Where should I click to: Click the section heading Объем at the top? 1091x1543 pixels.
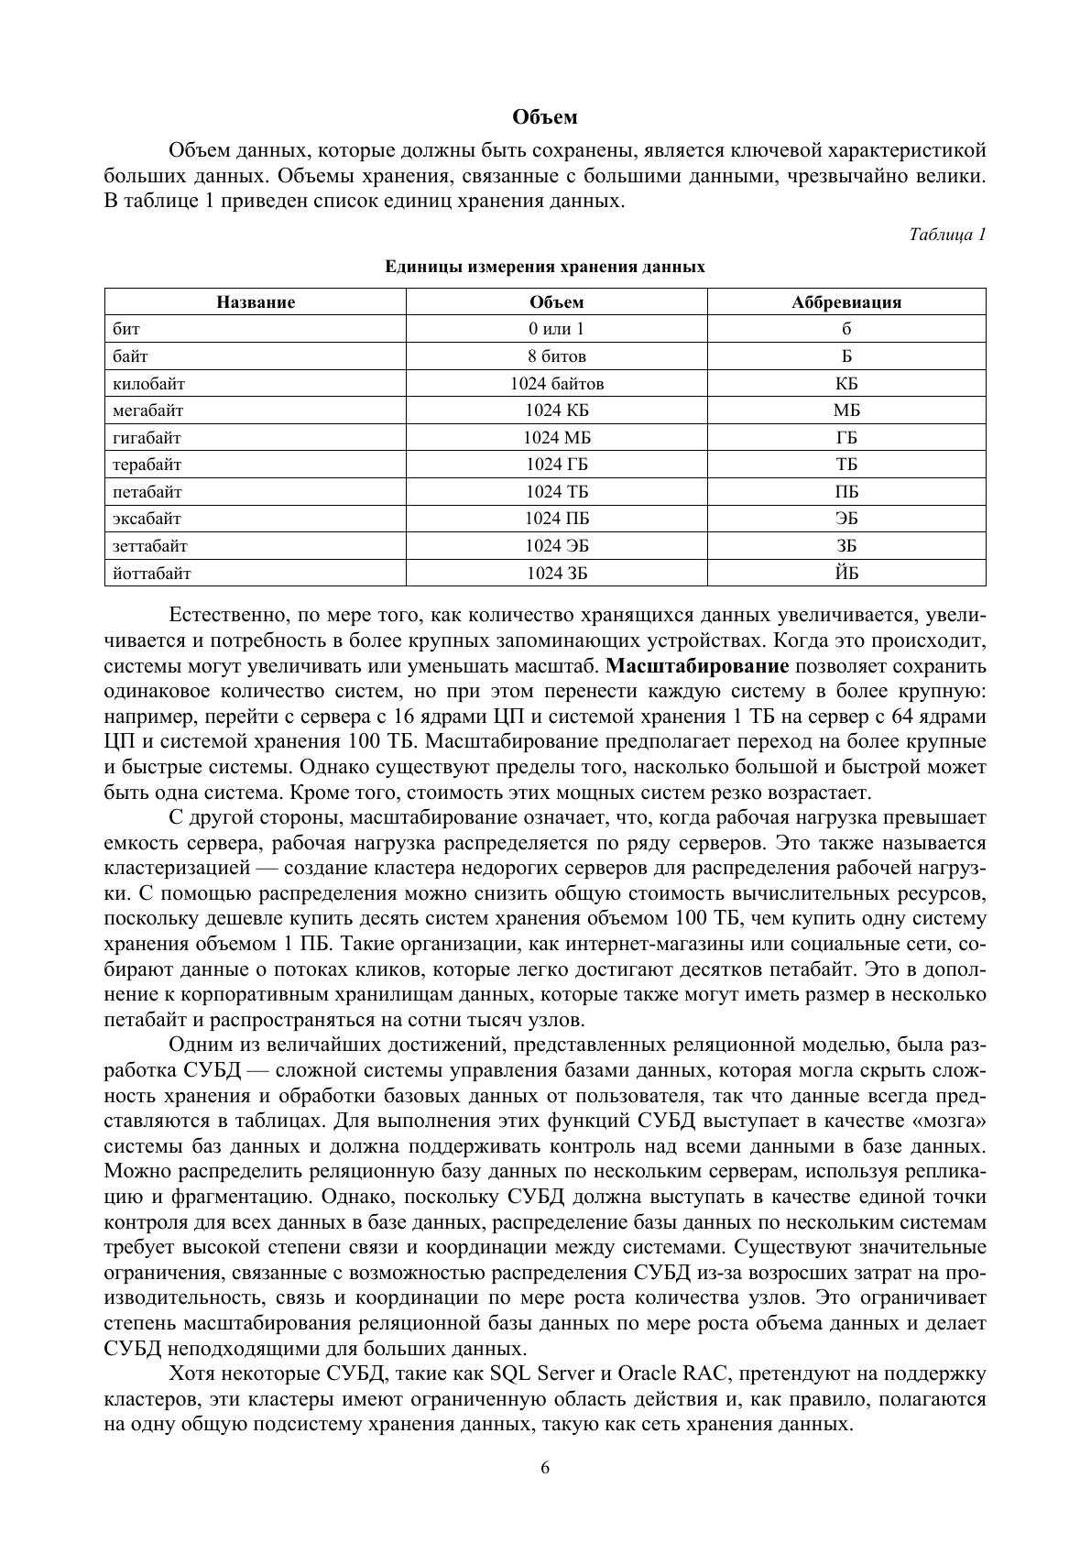pyautogui.click(x=545, y=117)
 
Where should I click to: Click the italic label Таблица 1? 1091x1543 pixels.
pyautogui.click(x=947, y=235)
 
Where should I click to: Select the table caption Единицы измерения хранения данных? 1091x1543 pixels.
pyautogui.click(x=545, y=267)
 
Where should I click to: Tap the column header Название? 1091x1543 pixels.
pyautogui.click(x=256, y=302)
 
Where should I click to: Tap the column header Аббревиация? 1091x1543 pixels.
pyautogui.click(x=846, y=302)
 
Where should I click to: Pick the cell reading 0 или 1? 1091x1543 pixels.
pyautogui.click(x=556, y=329)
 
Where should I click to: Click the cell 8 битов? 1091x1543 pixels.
pyautogui.click(x=556, y=356)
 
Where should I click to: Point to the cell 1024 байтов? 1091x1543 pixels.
pyautogui.click(x=556, y=384)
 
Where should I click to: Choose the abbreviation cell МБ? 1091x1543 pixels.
pyautogui.click(x=846, y=410)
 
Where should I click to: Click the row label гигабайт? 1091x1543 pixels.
pyautogui.click(x=147, y=438)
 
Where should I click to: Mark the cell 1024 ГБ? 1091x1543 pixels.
pyautogui.click(x=556, y=465)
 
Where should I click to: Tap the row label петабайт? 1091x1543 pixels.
pyautogui.click(x=147, y=492)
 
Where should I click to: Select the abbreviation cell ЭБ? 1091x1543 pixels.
pyautogui.click(x=846, y=519)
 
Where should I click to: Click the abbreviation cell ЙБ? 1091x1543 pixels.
pyautogui.click(x=846, y=574)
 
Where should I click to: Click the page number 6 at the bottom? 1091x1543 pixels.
pyautogui.click(x=545, y=1468)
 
